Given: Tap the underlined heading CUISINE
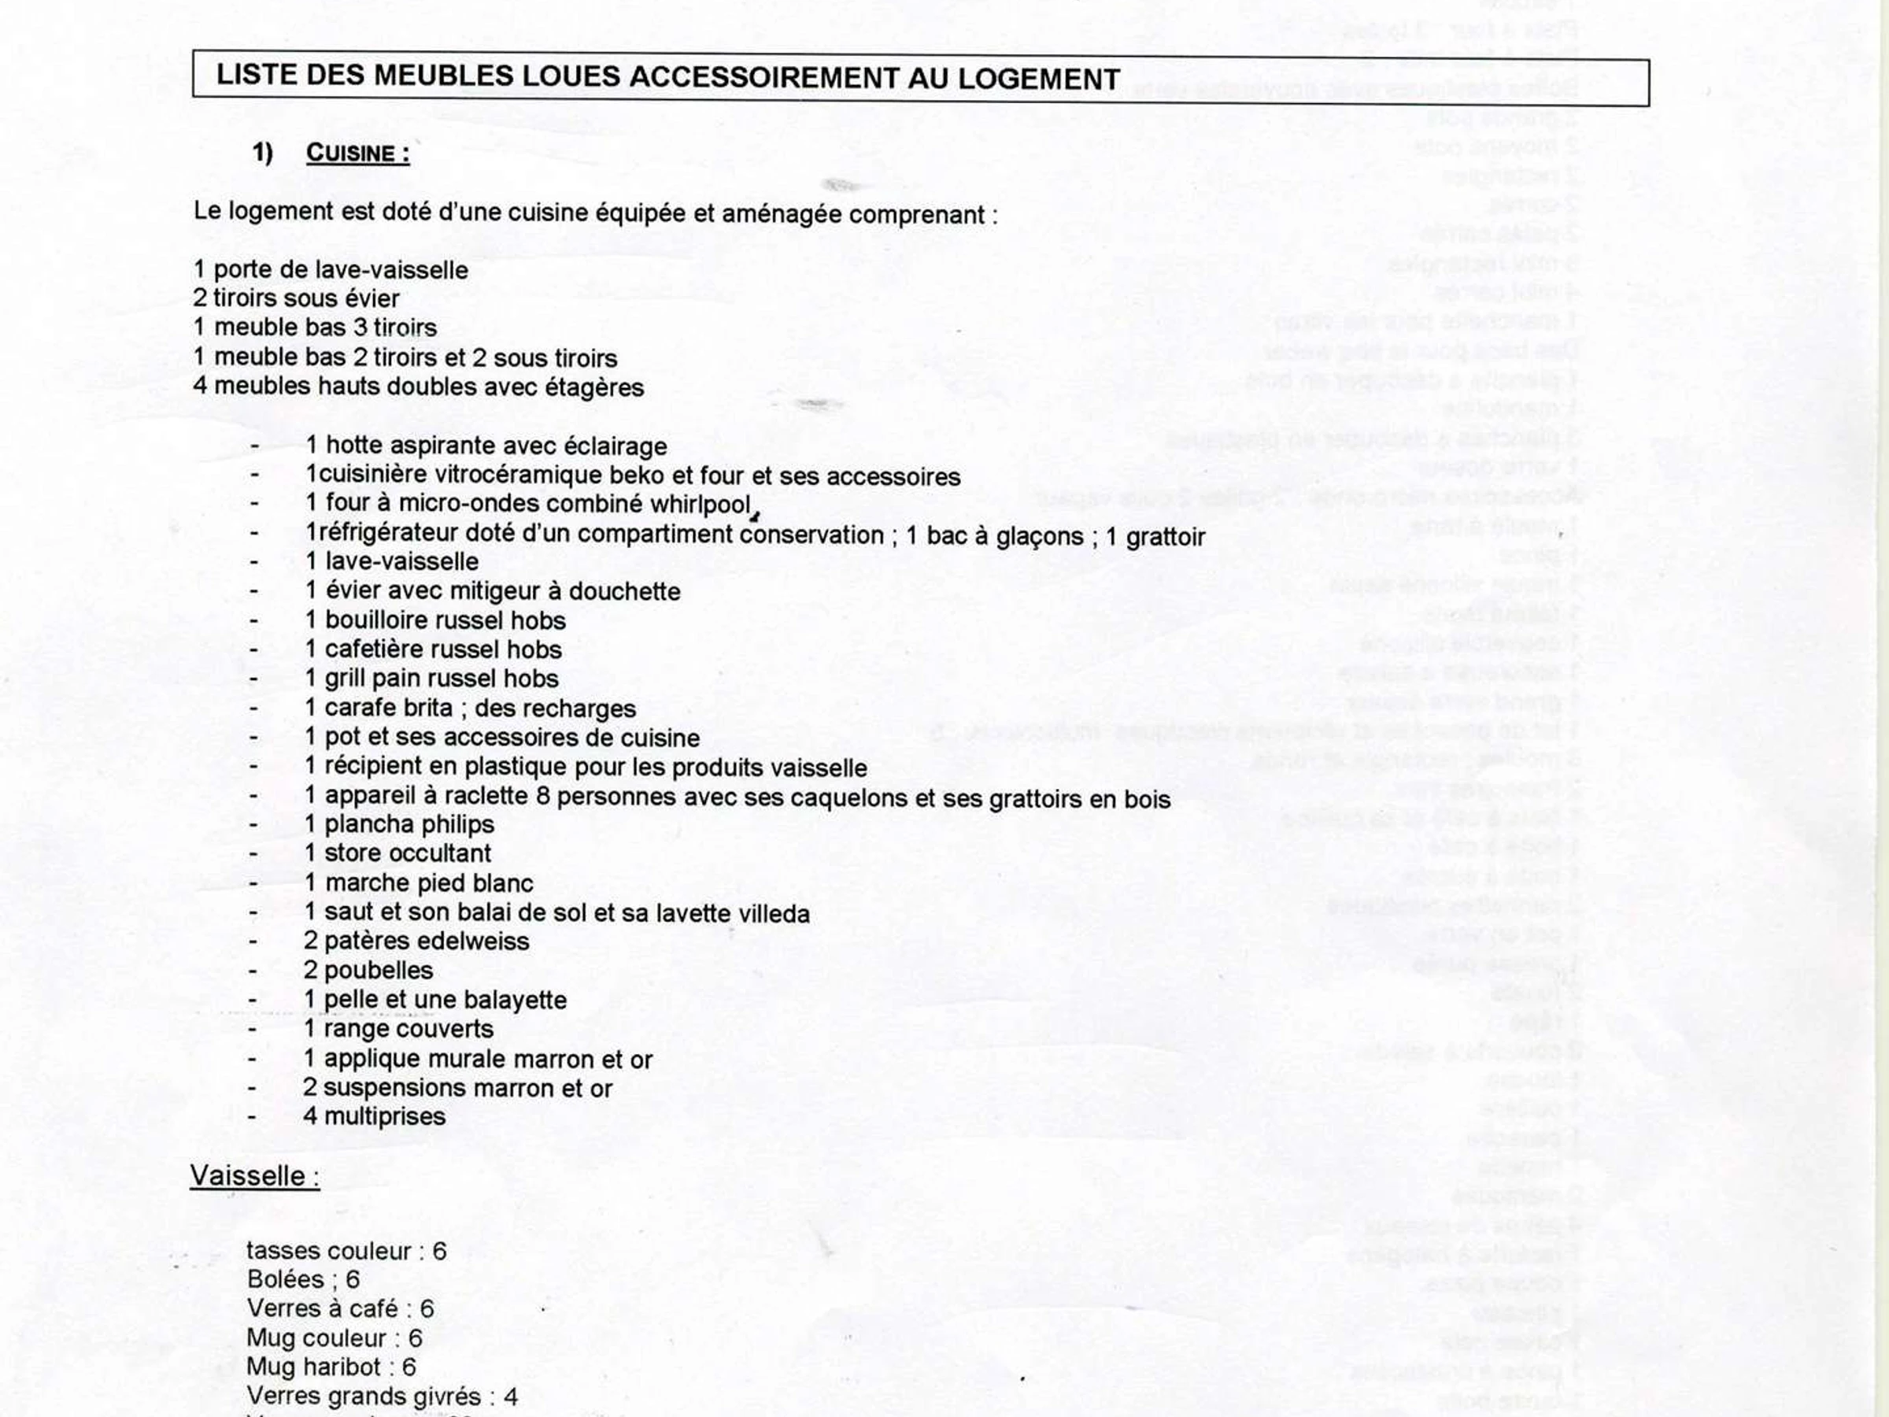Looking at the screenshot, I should click(x=357, y=154).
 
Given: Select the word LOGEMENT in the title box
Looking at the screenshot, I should click(x=1038, y=79).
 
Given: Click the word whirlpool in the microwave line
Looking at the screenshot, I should click(x=700, y=505).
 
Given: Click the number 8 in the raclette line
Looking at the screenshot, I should click(x=542, y=796).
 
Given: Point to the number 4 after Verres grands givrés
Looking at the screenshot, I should click(x=511, y=1397).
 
